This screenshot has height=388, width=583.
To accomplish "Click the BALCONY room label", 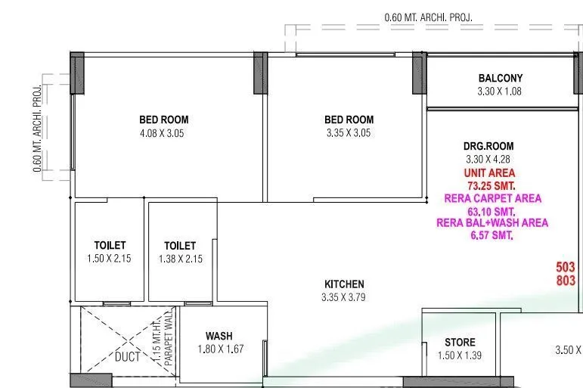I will click(500, 78).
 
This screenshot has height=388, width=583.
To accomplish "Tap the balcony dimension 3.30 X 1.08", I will click(500, 91).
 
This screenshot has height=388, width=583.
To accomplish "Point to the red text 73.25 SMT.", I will click(490, 186).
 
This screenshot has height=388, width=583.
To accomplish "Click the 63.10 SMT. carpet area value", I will click(490, 212).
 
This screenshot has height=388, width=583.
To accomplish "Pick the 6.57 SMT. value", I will click(492, 236).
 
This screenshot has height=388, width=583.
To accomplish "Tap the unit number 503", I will click(565, 268).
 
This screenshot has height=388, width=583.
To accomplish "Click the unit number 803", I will click(565, 281).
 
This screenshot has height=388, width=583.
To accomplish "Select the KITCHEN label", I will click(344, 284).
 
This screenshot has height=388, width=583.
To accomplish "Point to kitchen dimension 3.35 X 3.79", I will click(344, 296).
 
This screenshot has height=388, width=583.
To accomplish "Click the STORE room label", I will click(460, 342).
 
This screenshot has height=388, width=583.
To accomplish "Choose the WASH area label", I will click(219, 336).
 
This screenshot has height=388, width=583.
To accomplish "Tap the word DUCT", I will click(127, 356).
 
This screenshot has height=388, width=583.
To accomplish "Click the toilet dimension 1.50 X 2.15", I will click(110, 259).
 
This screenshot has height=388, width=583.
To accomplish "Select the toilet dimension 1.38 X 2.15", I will click(180, 259).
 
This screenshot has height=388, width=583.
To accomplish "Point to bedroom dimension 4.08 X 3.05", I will click(163, 132).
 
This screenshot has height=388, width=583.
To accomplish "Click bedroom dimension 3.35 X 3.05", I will click(349, 132).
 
